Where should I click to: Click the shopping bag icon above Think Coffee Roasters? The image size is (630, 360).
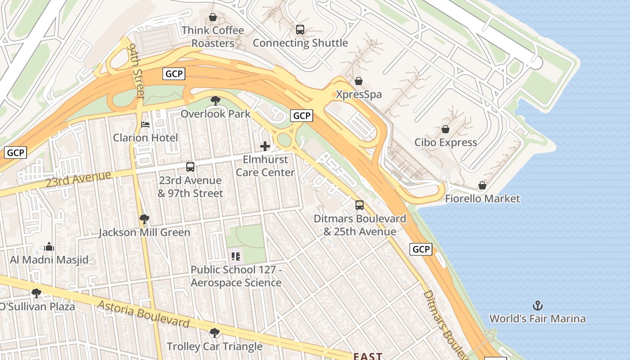tap(212, 18)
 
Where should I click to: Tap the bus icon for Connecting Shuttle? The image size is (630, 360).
tap(300, 30)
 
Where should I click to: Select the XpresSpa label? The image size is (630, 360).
tap(359, 94)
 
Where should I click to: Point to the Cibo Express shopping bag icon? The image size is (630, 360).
tap(445, 130)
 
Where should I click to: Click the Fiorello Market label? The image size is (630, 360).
tap(482, 198)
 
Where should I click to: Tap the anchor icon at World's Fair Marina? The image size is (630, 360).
tap(537, 306)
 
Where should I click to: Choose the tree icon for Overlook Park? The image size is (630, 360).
tap(216, 100)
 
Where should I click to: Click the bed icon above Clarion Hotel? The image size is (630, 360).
tap(145, 125)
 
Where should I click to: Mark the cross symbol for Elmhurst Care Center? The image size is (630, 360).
tap(265, 146)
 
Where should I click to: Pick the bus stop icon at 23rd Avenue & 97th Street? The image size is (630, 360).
tap(190, 167)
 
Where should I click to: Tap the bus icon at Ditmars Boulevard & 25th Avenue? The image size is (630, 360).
tap(359, 205)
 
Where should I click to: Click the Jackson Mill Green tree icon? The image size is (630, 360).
tap(144, 219)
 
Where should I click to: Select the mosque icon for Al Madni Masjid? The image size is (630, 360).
tap(49, 247)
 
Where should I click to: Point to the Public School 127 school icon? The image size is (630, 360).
tap(236, 256)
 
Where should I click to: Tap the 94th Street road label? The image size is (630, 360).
tap(136, 71)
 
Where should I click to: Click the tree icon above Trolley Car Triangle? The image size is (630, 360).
tap(215, 333)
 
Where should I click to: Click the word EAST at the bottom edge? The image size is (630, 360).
tap(367, 356)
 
